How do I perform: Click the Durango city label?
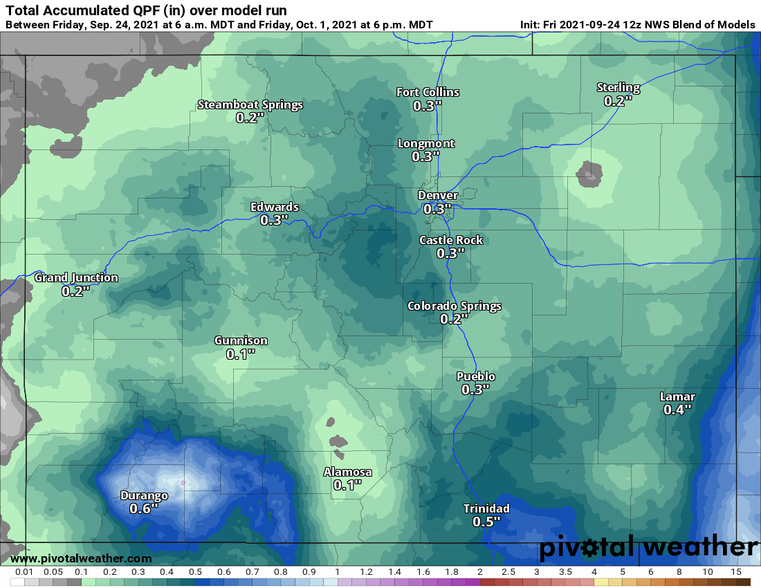click(144, 495)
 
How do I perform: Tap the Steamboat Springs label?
click(250, 105)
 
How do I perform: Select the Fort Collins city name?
click(428, 92)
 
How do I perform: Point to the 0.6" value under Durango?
click(144, 508)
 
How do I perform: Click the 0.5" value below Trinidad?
click(486, 522)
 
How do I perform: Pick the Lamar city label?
click(677, 396)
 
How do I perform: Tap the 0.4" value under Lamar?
click(677, 410)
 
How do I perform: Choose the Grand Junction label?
click(76, 278)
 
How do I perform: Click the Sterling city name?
click(618, 87)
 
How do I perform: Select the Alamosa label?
click(348, 472)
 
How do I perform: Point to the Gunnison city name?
click(241, 340)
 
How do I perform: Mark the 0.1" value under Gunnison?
click(241, 354)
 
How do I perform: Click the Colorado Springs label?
click(455, 306)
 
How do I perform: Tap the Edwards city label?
click(275, 207)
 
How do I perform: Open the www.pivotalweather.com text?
click(81, 558)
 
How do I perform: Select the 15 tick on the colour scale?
click(736, 572)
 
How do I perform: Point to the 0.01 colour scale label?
click(24, 572)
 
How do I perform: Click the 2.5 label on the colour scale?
click(508, 572)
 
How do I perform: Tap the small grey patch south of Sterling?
click(588, 174)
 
